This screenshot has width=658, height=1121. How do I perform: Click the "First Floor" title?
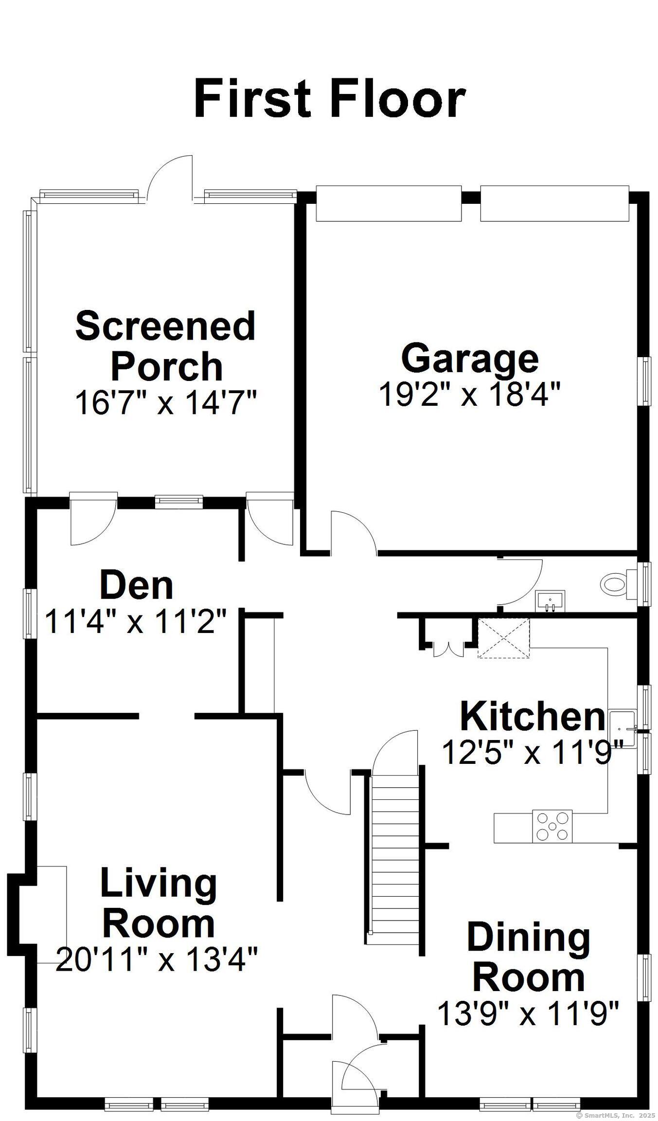point(329,100)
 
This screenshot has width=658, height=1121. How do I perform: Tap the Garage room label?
point(470,358)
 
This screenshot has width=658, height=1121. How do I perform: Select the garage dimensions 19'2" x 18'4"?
point(470,394)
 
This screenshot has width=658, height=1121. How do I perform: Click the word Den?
point(136,586)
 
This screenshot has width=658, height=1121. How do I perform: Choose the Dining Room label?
point(529,957)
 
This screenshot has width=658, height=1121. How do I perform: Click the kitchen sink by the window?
point(622,728)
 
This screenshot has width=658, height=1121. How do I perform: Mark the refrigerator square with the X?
point(503,638)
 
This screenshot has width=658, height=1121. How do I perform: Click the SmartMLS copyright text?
point(615,1115)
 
